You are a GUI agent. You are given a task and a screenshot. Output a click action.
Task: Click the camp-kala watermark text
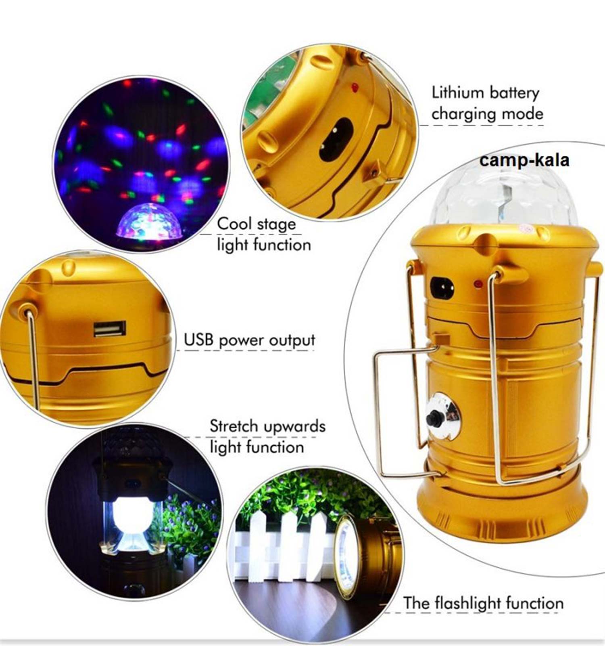point(524,160)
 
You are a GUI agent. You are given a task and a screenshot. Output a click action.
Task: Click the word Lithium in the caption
point(458,92)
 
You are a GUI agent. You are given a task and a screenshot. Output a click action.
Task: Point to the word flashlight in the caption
point(468,603)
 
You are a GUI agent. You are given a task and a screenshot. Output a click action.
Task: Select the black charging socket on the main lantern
point(442,287)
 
